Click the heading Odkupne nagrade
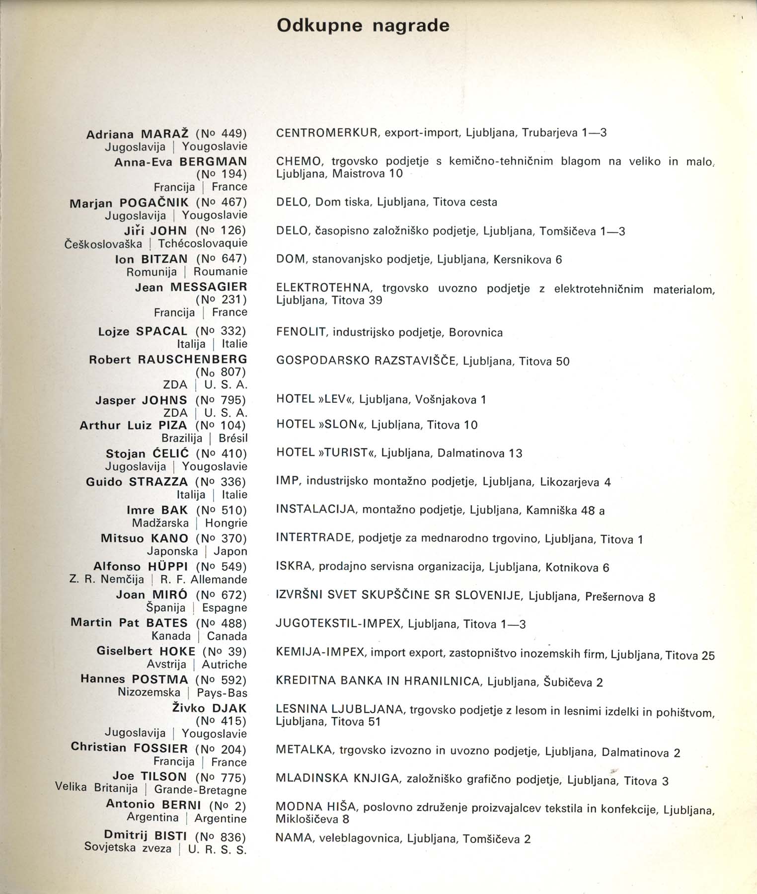tap(363, 25)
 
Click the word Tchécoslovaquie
tap(203, 243)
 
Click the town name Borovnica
tap(475, 333)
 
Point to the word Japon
tap(230, 551)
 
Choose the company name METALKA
tap(303, 750)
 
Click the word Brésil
tap(232, 439)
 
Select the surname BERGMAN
tap(213, 161)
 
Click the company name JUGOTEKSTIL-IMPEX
tap(338, 624)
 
